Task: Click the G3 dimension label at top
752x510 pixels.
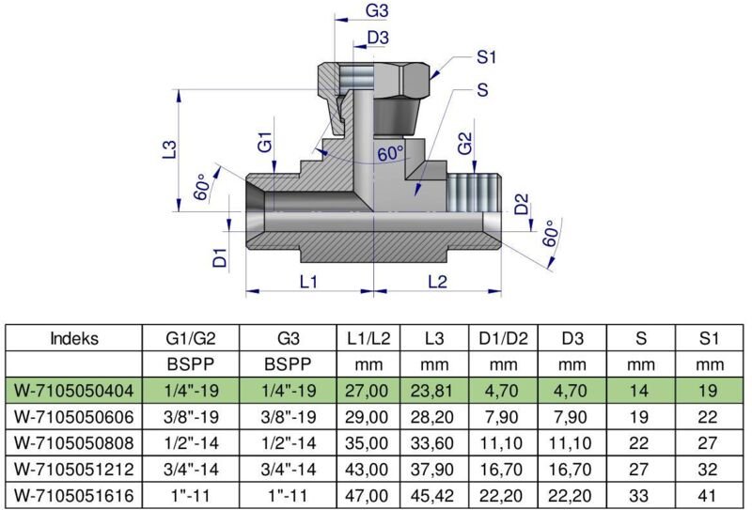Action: [x=378, y=11]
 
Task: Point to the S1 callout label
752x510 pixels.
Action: [x=486, y=57]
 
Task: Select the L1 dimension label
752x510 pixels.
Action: [x=309, y=281]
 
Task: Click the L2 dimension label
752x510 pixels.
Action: [x=438, y=281]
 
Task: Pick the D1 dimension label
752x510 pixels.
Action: [x=220, y=257]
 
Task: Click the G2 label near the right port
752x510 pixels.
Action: [x=464, y=145]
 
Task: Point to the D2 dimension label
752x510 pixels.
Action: [x=522, y=204]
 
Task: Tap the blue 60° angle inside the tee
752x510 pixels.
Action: [x=390, y=153]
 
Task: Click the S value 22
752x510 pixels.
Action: [x=639, y=439]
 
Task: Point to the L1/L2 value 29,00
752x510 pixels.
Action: [x=362, y=413]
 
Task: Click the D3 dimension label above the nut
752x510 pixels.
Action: [x=379, y=38]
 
